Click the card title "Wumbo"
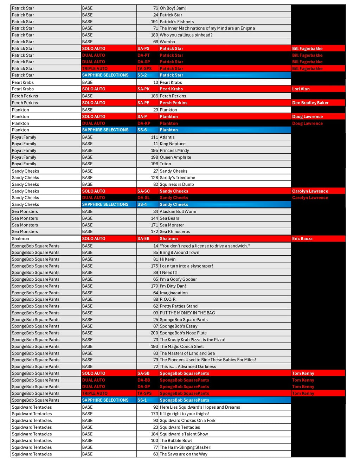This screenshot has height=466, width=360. (167, 42)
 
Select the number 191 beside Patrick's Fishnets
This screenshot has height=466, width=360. (154, 22)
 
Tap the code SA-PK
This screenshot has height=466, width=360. (143, 89)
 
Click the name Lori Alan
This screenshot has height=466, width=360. (301, 89)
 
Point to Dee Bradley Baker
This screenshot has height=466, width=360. (310, 103)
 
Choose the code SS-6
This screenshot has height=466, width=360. (142, 130)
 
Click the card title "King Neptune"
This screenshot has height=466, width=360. (173, 144)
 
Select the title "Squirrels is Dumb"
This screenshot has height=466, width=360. (177, 184)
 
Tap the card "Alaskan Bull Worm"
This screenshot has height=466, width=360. (178, 211)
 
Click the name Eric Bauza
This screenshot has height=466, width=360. (302, 238)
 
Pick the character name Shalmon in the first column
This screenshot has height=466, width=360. (20, 238)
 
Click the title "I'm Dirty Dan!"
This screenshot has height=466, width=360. (173, 286)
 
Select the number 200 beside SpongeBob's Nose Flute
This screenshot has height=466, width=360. (154, 333)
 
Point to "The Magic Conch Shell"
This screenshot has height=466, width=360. (182, 346)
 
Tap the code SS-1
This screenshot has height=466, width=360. (142, 400)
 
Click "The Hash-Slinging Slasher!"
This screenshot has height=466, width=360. (186, 447)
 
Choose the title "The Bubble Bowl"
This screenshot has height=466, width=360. (176, 440)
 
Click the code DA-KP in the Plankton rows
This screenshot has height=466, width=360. (144, 123)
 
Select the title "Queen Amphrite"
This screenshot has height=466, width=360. (175, 157)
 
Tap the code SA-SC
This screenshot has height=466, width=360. (143, 191)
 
